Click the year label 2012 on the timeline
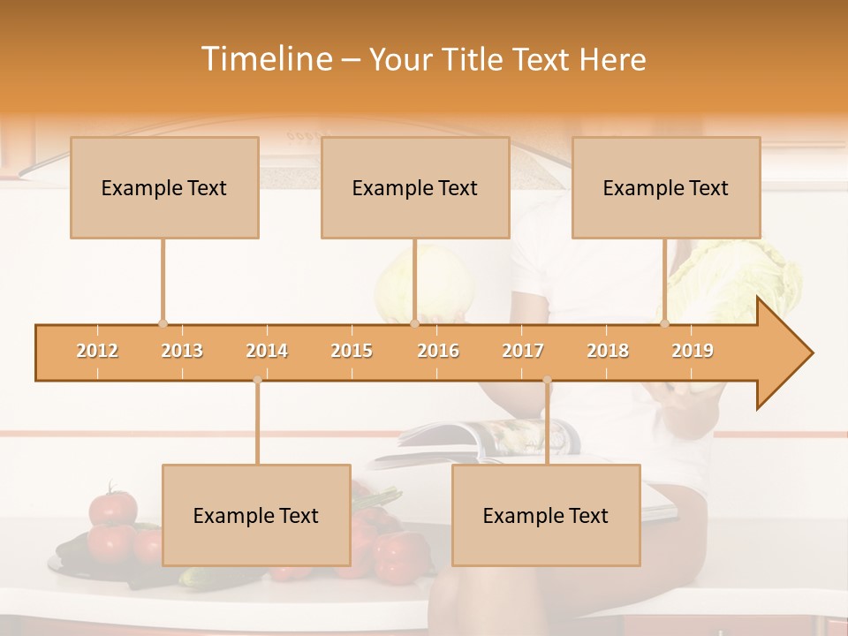tap(97, 351)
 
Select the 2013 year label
tap(182, 351)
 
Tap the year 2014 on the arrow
tap(267, 351)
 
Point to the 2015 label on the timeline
tap(352, 351)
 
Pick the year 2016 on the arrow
tap(438, 351)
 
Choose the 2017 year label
tap(523, 351)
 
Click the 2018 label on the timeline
tap(608, 351)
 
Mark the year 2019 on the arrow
tap(693, 351)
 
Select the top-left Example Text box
tap(164, 187)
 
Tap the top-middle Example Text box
tap(415, 187)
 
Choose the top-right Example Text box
tap(666, 187)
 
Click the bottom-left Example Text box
tap(256, 515)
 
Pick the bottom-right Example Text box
tap(546, 515)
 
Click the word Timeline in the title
tap(265, 59)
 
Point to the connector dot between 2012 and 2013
tap(163, 324)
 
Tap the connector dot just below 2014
tap(257, 381)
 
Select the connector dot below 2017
tap(547, 381)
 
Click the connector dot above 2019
tap(665, 324)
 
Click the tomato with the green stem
tap(113, 506)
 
